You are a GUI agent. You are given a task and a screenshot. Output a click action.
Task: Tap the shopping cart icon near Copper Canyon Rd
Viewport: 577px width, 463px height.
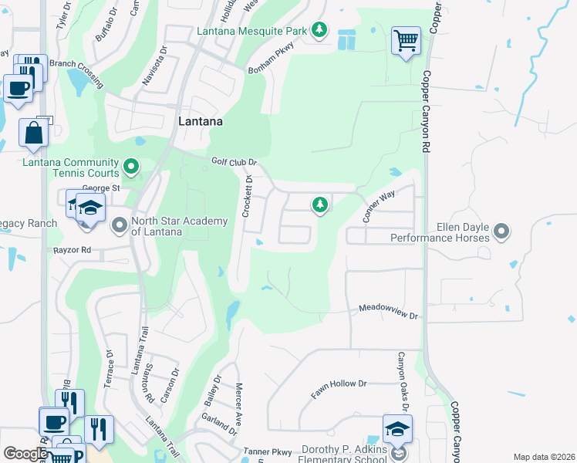[x=406, y=39]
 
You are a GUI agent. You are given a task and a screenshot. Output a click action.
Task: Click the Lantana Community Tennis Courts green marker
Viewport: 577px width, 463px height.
[x=131, y=165]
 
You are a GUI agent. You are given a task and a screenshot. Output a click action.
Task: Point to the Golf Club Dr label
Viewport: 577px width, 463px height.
[x=234, y=162]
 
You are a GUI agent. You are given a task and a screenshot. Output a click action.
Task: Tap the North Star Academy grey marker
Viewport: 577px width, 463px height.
[x=120, y=226]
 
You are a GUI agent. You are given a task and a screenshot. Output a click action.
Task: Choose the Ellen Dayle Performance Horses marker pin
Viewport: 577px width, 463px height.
[x=501, y=231]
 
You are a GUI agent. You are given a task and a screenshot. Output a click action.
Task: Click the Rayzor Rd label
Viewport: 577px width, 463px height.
[x=73, y=250]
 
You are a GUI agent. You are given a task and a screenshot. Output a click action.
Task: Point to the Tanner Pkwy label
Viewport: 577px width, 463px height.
[x=268, y=451]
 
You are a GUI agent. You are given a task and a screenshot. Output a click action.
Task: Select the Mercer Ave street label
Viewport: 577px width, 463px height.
[x=239, y=400]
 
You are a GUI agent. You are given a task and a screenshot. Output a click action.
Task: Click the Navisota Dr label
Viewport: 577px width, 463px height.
[x=154, y=67]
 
